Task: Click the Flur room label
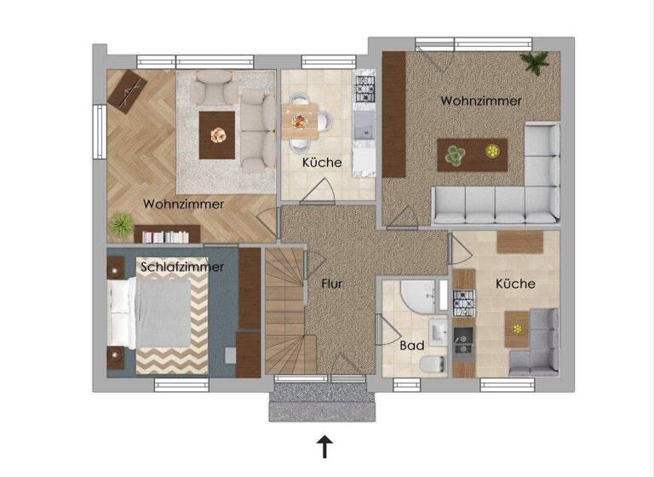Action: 332,284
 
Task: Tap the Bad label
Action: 412,347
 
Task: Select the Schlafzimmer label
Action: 183,267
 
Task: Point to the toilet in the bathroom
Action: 433,364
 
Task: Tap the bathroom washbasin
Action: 438,330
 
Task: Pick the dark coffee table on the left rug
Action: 218,135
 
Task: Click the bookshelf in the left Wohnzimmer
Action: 166,235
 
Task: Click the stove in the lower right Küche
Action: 463,301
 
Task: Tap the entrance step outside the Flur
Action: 322,406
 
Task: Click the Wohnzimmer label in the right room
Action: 481,101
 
